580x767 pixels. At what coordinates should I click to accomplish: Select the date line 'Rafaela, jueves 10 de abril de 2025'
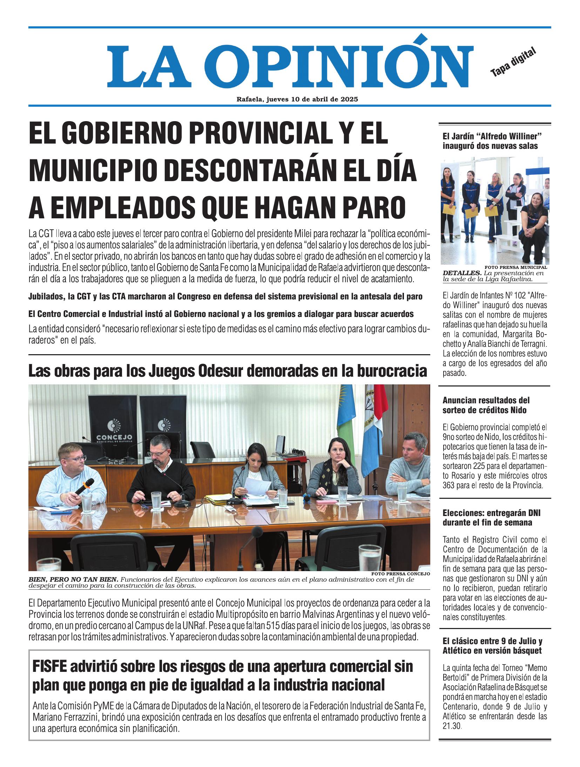(x=297, y=99)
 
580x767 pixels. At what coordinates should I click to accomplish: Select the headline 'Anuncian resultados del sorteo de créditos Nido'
(x=486, y=405)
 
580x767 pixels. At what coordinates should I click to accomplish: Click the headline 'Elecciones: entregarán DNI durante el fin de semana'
(x=491, y=518)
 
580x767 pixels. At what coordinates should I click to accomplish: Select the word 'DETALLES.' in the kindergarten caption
(x=462, y=273)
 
